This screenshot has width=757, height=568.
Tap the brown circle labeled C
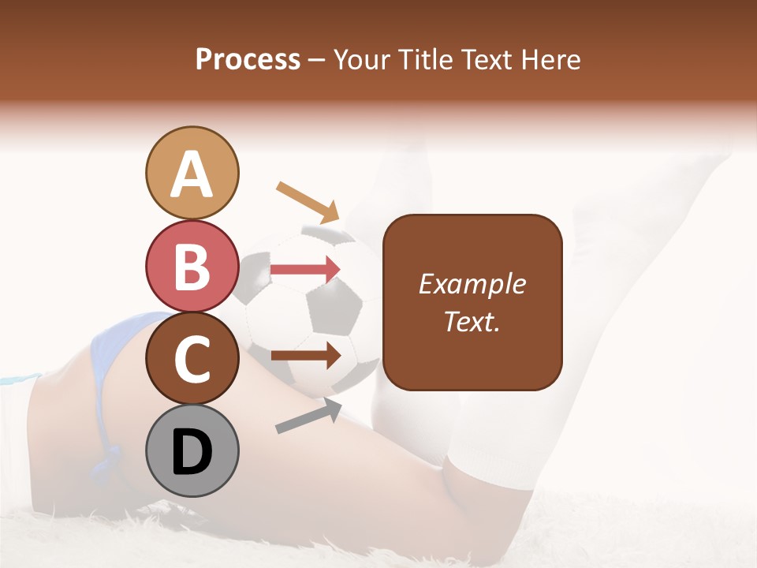[x=192, y=358]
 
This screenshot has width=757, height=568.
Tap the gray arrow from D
[x=308, y=416]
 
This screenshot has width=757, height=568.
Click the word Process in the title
[x=248, y=60]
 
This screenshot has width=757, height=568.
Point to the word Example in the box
[x=472, y=284]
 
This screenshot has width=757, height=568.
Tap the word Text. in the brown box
[x=472, y=321]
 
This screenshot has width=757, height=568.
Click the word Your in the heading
[x=364, y=60]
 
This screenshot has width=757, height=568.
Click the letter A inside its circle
[x=192, y=175]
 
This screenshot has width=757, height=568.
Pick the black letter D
[x=192, y=453]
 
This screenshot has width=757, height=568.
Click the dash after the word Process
[x=317, y=61]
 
